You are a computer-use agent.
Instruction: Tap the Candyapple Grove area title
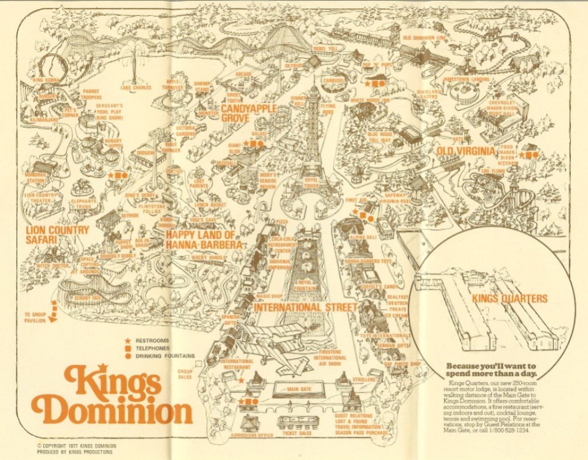tap(248, 113)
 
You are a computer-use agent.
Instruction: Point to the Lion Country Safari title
tap(56, 235)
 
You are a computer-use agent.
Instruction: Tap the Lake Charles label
tap(136, 87)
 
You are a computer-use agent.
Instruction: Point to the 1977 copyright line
tap(77, 445)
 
